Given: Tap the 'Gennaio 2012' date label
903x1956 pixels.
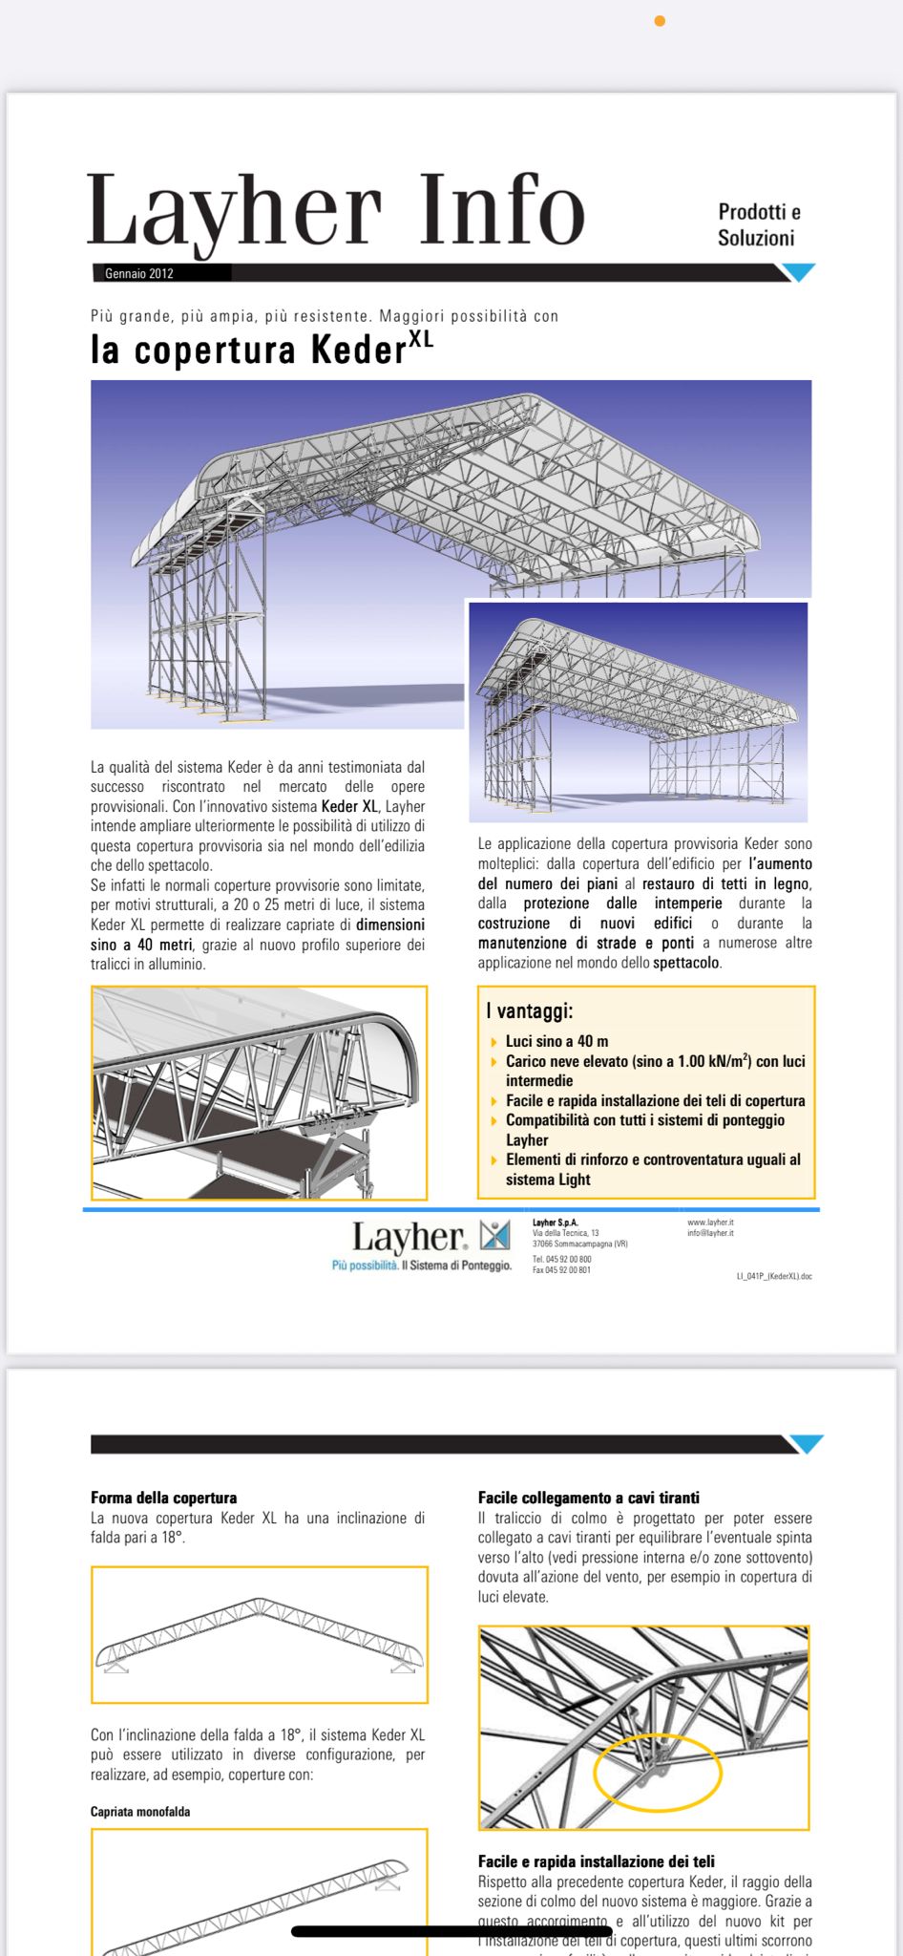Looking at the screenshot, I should pos(139,273).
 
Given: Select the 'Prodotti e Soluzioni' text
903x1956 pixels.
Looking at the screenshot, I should pos(758,224).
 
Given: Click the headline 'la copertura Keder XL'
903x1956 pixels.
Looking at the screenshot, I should pos(262,349).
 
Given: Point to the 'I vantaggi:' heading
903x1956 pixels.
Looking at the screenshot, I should pos(529,1010).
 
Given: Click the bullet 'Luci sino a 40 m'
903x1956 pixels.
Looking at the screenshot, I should pos(556,1041).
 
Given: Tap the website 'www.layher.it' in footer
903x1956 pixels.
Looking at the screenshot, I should pos(710,1222).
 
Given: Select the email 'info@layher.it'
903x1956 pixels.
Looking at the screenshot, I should pos(710,1233).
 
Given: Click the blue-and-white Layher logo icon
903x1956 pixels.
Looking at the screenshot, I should pos(494,1236).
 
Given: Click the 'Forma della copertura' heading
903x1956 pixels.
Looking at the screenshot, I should pos(163,1498).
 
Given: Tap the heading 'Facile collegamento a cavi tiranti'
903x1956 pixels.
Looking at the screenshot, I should pos(589,1498).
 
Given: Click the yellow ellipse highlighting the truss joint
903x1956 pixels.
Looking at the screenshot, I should pos(658,1772).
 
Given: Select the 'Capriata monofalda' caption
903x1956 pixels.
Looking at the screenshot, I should pos(140,1812).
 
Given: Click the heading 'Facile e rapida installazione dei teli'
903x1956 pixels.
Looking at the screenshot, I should pos(597,1861).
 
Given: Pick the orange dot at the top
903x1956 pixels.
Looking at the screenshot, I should pos(660,21).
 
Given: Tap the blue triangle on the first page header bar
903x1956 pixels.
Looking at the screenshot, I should pos(798,272).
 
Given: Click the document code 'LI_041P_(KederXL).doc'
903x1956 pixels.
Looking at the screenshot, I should pos(774,1276).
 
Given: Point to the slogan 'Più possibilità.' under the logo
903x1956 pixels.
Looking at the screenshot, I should pos(365,1265).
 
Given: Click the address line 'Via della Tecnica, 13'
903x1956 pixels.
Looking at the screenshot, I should pos(566,1233).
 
